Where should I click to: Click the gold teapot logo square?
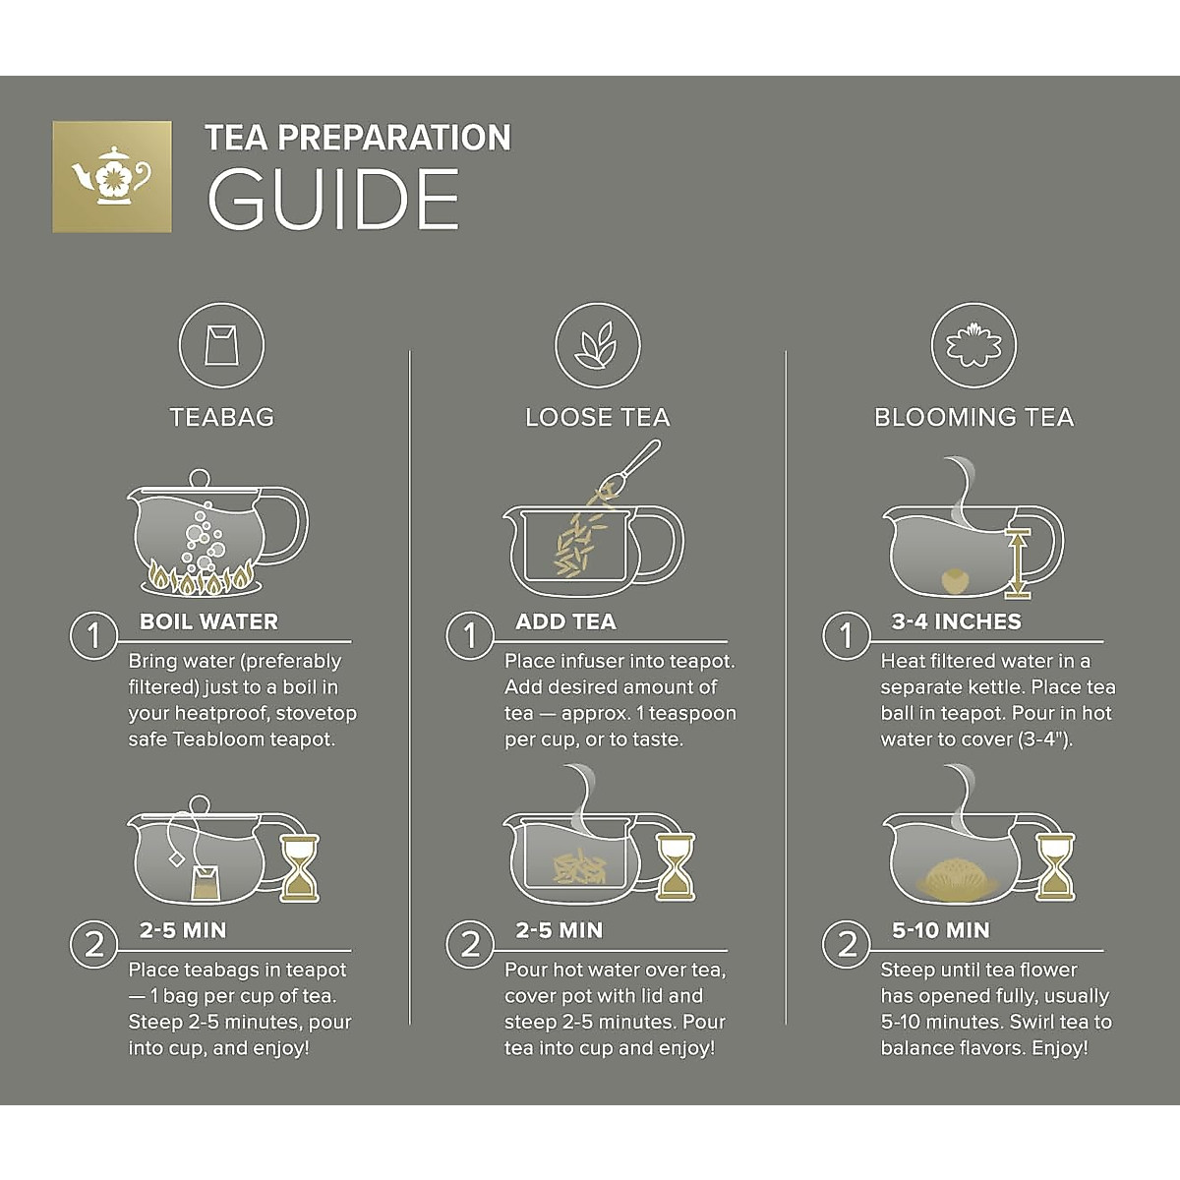pos(112,176)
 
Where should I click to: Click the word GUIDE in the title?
pos(333,199)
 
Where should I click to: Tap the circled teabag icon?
pos(221,345)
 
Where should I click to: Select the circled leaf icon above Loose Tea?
pos(598,345)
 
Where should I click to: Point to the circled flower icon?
pos(973,345)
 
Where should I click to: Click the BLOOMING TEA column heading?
pos(973,418)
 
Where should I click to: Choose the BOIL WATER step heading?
pos(208,621)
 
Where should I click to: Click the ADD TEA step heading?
pos(565,621)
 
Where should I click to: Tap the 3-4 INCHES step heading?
pos(957,621)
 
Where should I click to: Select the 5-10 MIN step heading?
pos(941,930)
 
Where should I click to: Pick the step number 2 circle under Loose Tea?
pos(470,944)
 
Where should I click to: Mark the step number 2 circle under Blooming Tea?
pos(847,944)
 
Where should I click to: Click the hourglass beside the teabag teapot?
pos(300,867)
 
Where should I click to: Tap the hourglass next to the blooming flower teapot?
pos(1055,867)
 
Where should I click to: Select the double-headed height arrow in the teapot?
pos(1017,562)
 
